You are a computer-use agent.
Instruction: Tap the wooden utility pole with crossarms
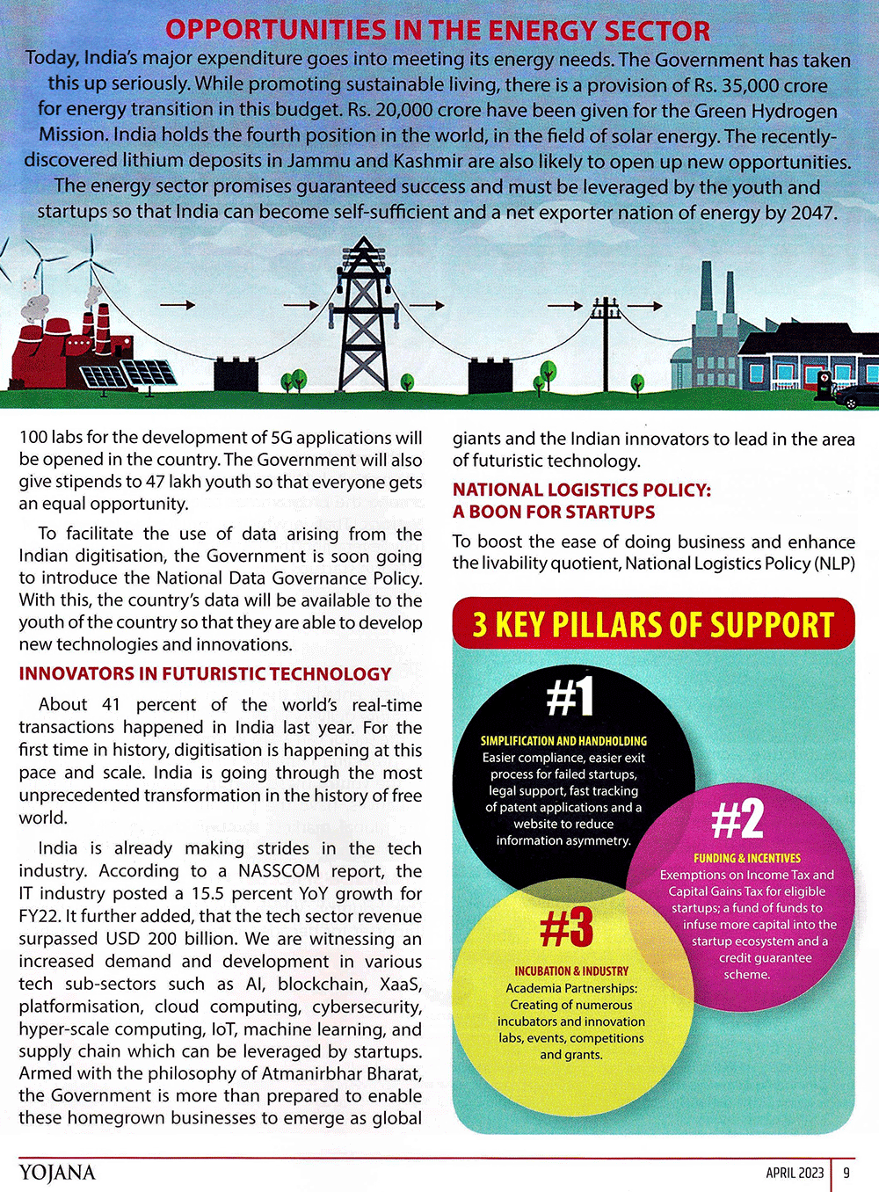[x=606, y=343]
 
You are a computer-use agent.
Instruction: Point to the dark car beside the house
[x=858, y=397]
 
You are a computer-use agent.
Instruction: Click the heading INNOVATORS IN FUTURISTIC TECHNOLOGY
[x=205, y=674]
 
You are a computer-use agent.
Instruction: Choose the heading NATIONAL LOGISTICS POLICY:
[x=581, y=490]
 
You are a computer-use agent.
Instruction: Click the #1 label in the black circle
[x=570, y=696]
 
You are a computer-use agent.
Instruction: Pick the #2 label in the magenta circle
[x=737, y=818]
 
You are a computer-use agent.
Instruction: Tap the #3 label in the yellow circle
[x=567, y=927]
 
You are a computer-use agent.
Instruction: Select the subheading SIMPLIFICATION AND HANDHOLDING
[x=563, y=741]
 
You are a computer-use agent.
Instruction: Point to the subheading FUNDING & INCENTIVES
[x=747, y=858]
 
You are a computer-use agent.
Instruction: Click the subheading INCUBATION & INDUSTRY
[x=571, y=971]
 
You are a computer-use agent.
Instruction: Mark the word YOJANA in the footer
[x=57, y=1172]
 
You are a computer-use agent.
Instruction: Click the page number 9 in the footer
[x=846, y=1173]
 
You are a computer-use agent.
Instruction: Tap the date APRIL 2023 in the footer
[x=795, y=1173]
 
